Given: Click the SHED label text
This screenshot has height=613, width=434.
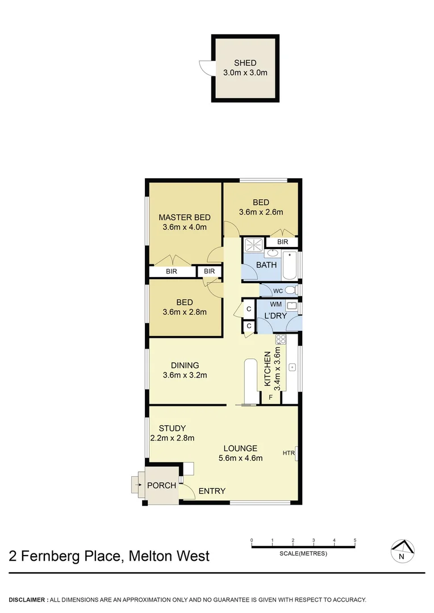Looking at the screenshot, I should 245,63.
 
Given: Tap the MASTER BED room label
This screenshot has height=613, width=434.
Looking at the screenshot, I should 184,217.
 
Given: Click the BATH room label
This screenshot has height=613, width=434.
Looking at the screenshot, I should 266,265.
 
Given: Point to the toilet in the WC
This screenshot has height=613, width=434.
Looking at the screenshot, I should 290,291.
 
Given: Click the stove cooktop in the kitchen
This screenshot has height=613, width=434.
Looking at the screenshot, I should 280,339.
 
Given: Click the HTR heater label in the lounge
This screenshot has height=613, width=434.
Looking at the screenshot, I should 289,453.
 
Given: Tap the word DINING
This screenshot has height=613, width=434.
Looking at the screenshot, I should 185,365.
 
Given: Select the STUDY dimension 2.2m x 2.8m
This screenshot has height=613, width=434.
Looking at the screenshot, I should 172,438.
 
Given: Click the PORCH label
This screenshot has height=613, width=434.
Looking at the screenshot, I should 161,485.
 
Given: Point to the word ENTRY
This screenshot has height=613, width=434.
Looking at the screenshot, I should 212,491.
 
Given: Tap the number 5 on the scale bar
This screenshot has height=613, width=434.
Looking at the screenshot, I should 355,540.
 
